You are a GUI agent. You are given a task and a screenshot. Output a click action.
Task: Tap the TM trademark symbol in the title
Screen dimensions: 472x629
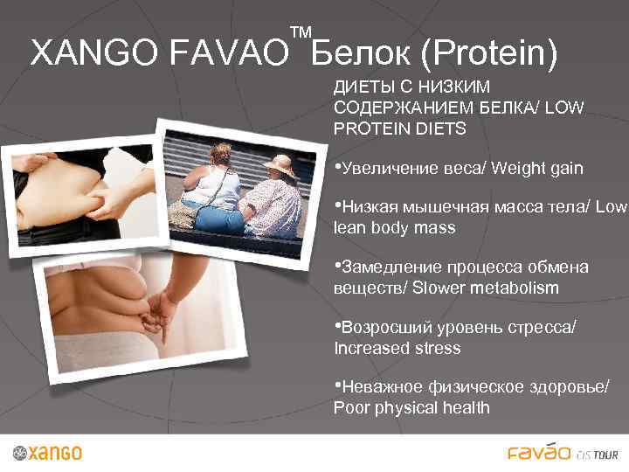click(301, 34)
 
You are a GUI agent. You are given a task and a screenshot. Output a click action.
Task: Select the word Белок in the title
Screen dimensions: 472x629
click(360, 55)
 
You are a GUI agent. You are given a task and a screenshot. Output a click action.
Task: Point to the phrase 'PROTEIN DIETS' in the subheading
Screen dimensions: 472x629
click(400, 128)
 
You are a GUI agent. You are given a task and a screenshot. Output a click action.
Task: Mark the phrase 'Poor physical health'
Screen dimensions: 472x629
click(411, 408)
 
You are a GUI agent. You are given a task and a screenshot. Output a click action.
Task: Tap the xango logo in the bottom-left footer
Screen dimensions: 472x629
click(48, 453)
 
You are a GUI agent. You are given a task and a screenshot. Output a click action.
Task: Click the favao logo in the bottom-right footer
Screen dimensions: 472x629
click(540, 452)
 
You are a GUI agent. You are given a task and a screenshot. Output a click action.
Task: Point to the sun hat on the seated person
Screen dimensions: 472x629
click(281, 164)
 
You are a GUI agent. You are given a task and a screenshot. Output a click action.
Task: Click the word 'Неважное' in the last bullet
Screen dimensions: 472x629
click(383, 387)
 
